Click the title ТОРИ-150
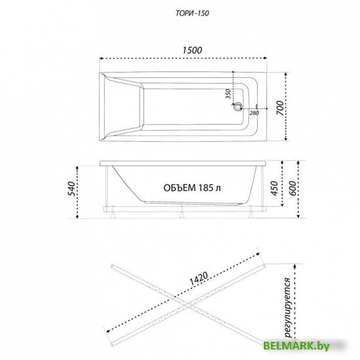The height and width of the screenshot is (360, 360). coord(192,13)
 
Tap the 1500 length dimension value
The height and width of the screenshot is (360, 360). coord(192,50)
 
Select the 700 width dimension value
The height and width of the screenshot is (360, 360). coord(280,108)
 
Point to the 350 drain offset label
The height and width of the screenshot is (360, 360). coord(228,94)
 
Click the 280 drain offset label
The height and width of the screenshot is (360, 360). coord(254,113)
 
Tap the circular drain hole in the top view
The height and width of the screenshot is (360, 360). coord(237,107)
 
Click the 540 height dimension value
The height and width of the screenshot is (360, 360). coord(72,189)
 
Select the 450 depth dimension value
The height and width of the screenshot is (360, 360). coord(274,189)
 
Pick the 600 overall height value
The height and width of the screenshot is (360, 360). coord(293,189)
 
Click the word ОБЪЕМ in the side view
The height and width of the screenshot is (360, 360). coord(180,188)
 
